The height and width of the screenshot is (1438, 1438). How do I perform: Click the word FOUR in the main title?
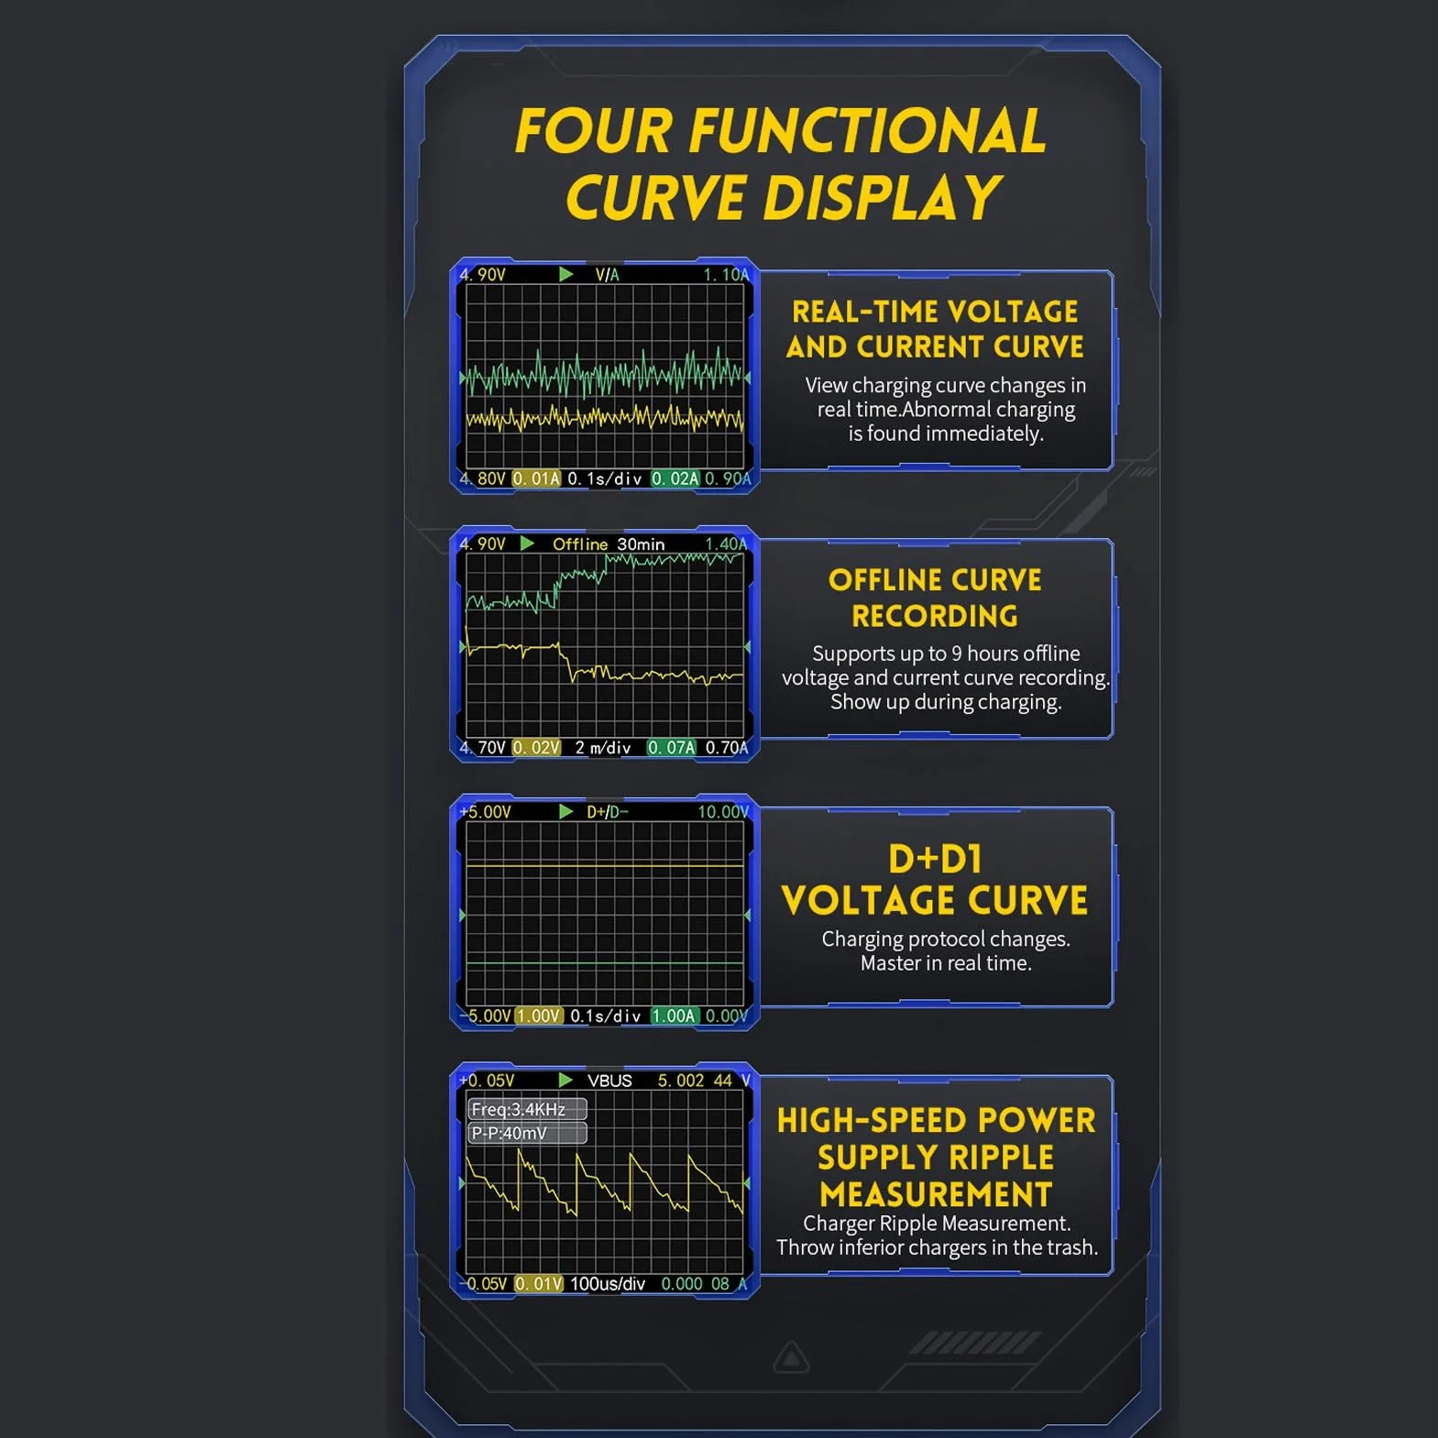594,131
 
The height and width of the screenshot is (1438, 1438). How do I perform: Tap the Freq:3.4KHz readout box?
527,1109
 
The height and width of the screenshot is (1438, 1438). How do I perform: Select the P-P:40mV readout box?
527,1133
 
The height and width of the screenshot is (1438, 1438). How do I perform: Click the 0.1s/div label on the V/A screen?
604,478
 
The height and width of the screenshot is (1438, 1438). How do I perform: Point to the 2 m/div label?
603,748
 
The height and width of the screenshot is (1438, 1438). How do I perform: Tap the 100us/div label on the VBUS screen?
608,1284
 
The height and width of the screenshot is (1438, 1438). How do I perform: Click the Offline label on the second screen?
580,544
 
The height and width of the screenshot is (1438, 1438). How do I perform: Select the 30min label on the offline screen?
641,544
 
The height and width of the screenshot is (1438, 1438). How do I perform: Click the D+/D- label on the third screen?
608,812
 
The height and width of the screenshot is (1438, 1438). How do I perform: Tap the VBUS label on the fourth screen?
609,1081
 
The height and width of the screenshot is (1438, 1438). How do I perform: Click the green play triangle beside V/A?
565,274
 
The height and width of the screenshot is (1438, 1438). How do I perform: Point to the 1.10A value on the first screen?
726,275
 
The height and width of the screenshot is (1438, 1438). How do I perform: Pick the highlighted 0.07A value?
672,748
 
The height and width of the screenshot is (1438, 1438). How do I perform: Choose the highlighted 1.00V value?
539,1015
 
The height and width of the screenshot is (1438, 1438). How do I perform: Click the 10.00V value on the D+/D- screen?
723,812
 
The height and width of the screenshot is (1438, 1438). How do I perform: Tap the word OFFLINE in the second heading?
885,580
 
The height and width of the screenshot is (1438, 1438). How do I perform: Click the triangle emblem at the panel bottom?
791,1357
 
